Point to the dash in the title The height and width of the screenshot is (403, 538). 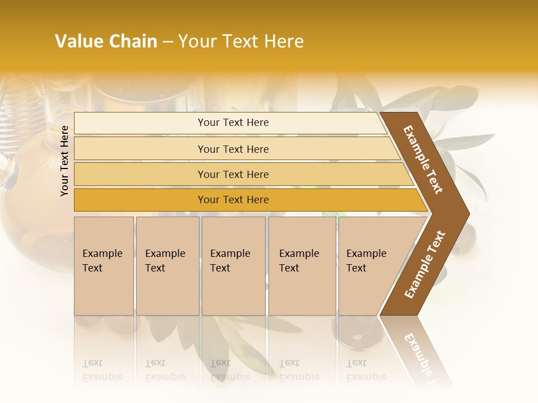tap(168, 42)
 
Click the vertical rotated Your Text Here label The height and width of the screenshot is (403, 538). tap(64, 161)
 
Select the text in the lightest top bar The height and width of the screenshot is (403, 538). tap(233, 123)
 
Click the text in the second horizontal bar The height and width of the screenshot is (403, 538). tap(233, 149)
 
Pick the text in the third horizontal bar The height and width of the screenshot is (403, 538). tap(233, 175)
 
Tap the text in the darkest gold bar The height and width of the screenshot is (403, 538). tap(233, 200)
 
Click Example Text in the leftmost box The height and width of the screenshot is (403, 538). tap(102, 261)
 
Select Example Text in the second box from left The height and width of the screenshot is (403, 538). tap(165, 261)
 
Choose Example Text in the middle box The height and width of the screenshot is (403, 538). tap(230, 261)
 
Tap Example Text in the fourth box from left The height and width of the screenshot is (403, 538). tap(299, 261)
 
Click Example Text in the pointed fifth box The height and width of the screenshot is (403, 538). tap(366, 261)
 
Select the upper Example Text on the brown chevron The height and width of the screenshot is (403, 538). tap(423, 160)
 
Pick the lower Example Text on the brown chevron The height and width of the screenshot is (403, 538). tap(425, 265)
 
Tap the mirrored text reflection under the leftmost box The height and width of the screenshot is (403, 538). tap(102, 370)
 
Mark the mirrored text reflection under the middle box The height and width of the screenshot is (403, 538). tap(230, 370)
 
